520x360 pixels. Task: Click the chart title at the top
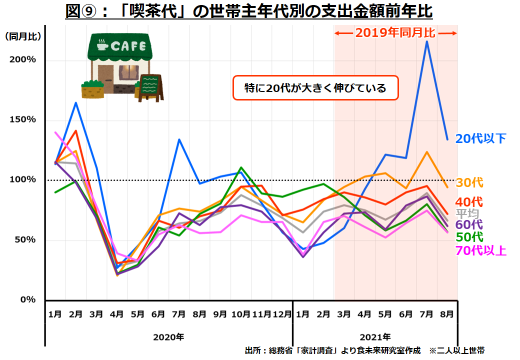pyautogui.click(x=249, y=10)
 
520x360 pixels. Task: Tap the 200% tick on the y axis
pyautogui.click(x=23, y=59)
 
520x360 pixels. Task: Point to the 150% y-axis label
pyautogui.click(x=23, y=119)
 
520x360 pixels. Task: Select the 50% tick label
pyautogui.click(x=25, y=239)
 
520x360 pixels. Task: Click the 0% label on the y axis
pyautogui.click(x=27, y=299)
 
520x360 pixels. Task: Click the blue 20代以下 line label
pyautogui.click(x=480, y=139)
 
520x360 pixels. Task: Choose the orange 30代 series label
pyautogui.click(x=469, y=183)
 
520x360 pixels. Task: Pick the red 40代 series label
pyautogui.click(x=469, y=202)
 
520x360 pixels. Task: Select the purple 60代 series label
pyautogui.click(x=469, y=225)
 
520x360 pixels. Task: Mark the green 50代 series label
pyautogui.click(x=469, y=236)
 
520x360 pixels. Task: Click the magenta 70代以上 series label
pyautogui.click(x=480, y=250)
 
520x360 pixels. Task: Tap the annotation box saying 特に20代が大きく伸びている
pyautogui.click(x=315, y=88)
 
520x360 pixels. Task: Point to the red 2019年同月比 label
pyautogui.click(x=395, y=33)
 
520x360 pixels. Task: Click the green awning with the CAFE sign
pyautogui.click(x=119, y=46)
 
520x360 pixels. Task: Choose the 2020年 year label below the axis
pyautogui.click(x=168, y=336)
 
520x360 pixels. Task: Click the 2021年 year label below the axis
pyautogui.click(x=375, y=336)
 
